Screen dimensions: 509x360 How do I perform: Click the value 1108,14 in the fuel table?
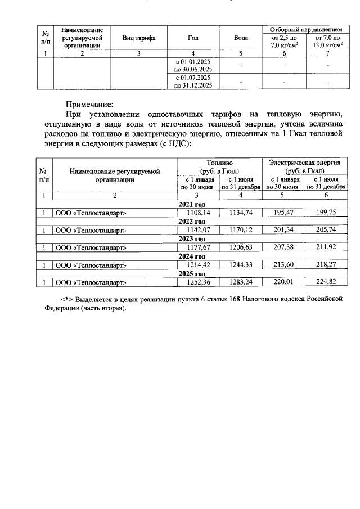click(x=199, y=213)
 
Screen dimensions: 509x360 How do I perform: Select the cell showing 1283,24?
click(x=241, y=282)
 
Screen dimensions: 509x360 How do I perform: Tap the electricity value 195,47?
click(x=283, y=213)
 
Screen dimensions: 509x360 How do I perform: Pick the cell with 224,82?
click(x=326, y=282)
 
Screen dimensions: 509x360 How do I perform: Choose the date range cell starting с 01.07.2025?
click(x=193, y=81)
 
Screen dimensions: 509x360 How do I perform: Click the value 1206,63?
click(x=241, y=247)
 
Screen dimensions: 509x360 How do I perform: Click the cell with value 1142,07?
click(x=199, y=230)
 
